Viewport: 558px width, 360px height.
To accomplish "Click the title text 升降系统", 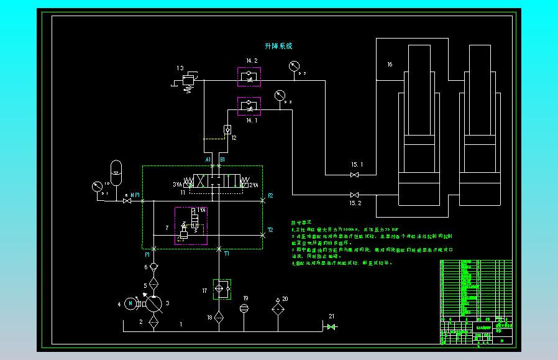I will [278, 46].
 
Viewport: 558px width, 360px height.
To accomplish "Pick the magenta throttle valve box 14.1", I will [250, 106].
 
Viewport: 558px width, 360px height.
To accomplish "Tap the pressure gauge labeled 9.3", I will [293, 67].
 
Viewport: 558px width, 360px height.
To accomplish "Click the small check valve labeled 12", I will [227, 129].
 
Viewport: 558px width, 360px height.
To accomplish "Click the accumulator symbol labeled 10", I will [116, 168].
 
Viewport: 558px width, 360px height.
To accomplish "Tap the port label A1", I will [209, 160].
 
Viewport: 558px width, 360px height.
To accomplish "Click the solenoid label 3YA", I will [178, 185].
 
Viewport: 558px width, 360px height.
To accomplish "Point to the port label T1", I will [227, 254].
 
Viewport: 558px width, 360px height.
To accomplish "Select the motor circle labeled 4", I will [129, 303].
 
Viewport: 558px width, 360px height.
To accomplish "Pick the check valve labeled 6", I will [154, 267].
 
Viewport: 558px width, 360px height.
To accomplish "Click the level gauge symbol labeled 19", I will [244, 308].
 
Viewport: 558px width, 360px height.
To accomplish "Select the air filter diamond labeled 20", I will [277, 308].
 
